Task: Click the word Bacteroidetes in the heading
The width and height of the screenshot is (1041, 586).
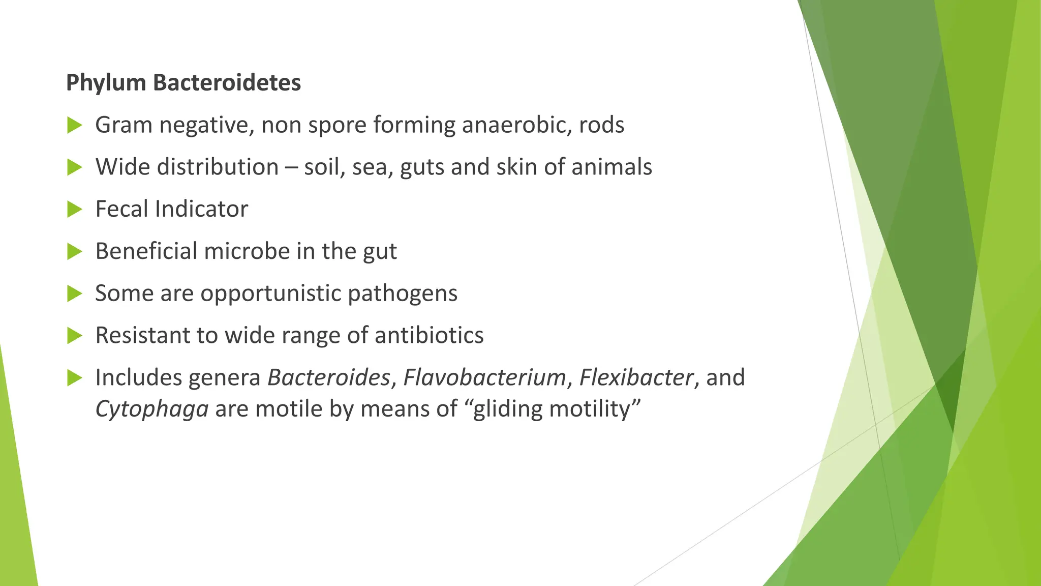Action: [x=227, y=83]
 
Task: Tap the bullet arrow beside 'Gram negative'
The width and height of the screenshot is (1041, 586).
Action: [x=74, y=125]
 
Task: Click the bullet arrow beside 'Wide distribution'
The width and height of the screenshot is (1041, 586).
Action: [x=74, y=167]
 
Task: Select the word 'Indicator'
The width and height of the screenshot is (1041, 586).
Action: [x=201, y=209]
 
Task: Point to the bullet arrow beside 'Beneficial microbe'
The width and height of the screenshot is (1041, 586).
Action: [x=74, y=251]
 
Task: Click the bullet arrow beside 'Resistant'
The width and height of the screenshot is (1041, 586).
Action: [x=74, y=336]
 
